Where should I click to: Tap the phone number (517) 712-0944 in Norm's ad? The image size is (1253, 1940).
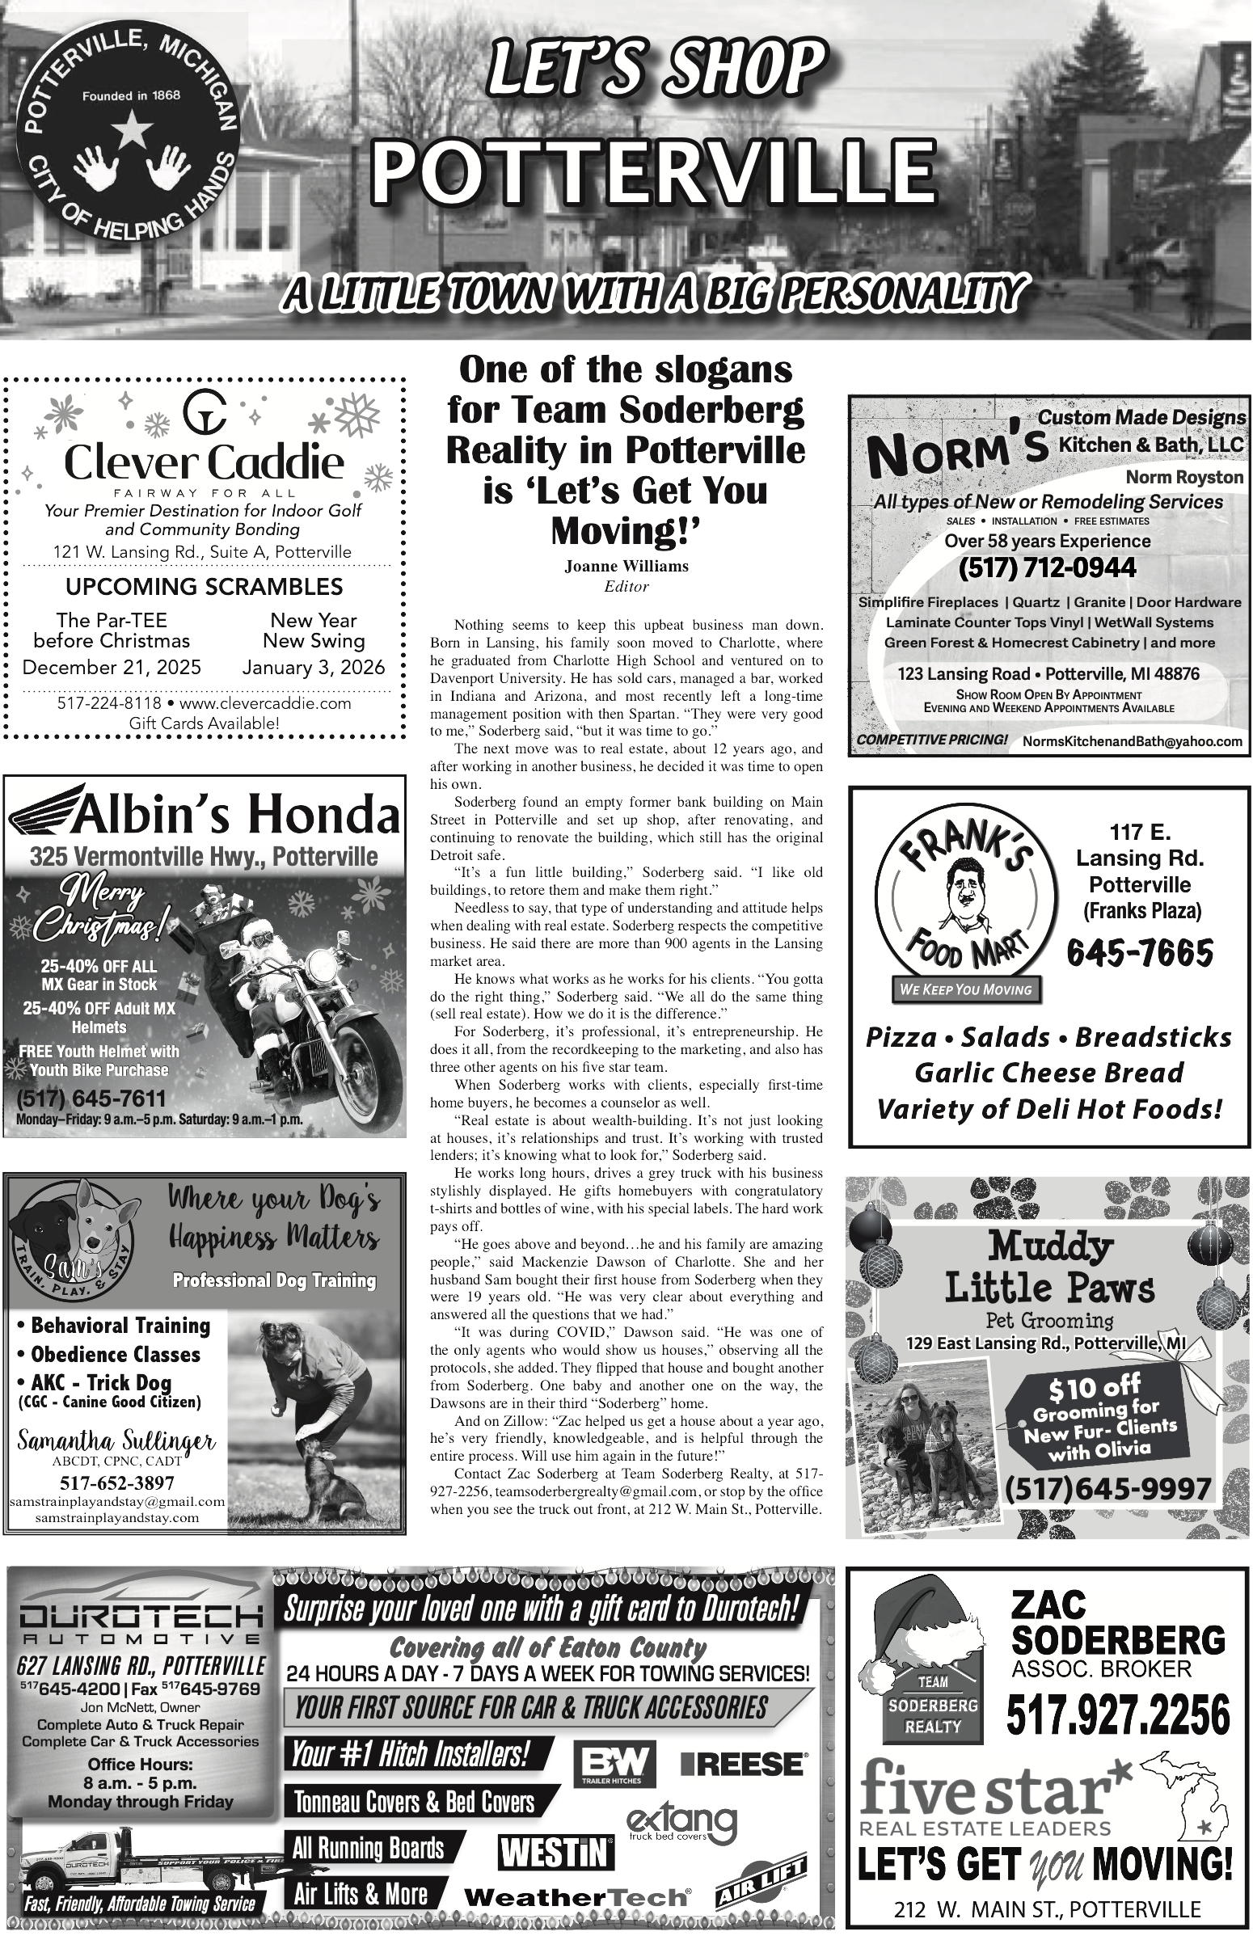click(1047, 567)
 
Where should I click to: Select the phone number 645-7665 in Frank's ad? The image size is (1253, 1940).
click(1140, 952)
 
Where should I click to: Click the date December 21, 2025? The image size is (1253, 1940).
click(112, 668)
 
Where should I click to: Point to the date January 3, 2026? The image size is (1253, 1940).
click(314, 668)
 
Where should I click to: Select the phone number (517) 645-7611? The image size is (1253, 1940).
click(91, 1099)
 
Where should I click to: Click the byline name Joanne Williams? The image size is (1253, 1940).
click(626, 566)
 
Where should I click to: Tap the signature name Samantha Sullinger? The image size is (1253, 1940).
click(116, 1440)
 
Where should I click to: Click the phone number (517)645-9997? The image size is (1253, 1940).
click(1108, 1489)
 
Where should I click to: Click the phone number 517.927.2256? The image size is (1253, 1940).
click(1118, 1715)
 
